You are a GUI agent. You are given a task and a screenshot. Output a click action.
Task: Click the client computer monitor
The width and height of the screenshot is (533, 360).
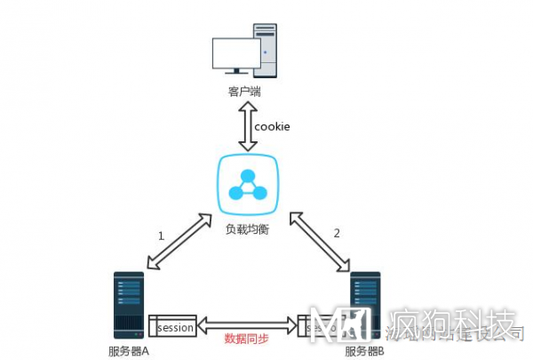click(x=236, y=55)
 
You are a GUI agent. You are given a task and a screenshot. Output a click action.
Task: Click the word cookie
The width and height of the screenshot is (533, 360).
click(x=272, y=126)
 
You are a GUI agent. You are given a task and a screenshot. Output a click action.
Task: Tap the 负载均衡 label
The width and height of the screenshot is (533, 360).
click(x=248, y=229)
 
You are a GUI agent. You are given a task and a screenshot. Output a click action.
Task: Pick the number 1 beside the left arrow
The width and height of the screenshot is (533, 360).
click(x=161, y=236)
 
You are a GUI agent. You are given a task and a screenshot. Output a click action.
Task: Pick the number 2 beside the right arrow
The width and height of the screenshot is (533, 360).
click(x=336, y=234)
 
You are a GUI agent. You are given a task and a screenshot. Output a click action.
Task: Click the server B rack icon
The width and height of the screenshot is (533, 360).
click(x=366, y=308)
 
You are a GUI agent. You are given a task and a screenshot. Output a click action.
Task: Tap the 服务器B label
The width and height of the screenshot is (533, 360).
click(x=363, y=351)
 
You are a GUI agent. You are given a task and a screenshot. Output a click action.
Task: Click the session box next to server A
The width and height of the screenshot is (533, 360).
click(x=171, y=327)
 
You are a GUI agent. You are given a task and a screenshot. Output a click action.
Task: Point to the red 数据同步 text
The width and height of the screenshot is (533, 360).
click(x=246, y=339)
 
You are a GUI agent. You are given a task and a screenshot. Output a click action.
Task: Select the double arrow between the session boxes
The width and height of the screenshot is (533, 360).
click(x=246, y=325)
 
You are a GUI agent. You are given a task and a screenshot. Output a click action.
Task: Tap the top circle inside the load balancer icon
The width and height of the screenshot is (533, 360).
click(x=248, y=175)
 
